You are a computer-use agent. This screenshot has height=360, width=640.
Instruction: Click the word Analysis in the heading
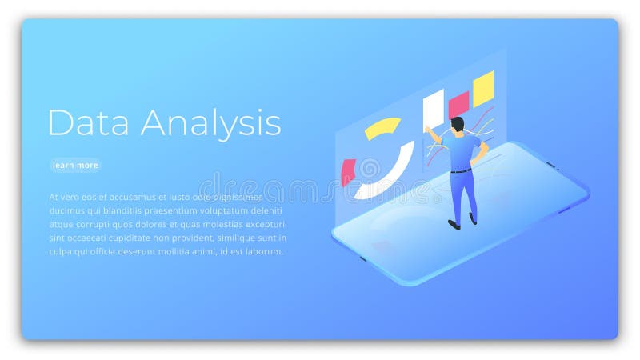click(211, 124)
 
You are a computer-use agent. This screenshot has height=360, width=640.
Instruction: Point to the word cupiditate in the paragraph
click(136, 237)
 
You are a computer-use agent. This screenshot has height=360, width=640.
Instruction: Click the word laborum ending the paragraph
click(263, 250)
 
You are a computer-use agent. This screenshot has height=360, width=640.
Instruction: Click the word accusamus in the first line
click(120, 196)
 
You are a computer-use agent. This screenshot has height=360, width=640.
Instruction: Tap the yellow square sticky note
click(482, 88)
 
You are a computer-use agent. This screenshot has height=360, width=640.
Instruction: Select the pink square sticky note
click(458, 103)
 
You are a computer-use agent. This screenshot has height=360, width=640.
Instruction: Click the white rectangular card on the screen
click(433, 107)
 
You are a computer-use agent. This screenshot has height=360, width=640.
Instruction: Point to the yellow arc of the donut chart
click(382, 127)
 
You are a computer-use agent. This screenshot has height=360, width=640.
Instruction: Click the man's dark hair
click(458, 123)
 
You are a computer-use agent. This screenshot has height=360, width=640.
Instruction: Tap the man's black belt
click(460, 170)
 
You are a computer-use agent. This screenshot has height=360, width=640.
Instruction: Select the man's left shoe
click(454, 224)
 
